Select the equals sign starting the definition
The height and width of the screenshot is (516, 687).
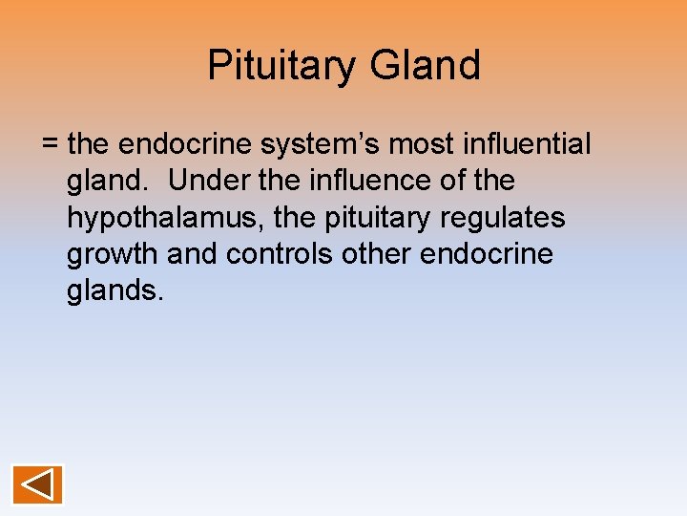coord(51,144)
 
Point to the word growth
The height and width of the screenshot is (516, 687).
coord(112,255)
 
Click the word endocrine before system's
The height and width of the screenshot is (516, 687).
coord(181,144)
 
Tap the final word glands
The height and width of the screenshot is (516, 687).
coord(114,291)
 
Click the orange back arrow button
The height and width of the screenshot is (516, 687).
coord(37,484)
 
